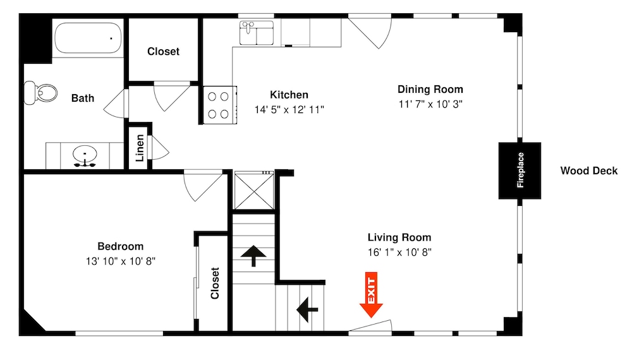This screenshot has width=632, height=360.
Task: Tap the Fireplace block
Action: click(520, 171)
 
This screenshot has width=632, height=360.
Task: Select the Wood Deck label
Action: click(588, 171)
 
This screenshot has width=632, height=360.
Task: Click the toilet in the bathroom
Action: click(40, 93)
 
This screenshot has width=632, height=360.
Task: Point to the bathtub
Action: click(88, 38)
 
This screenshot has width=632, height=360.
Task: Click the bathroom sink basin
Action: click(85, 154)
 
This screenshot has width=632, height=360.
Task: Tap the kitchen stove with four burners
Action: click(220, 105)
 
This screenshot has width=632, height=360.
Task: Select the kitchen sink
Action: click(257, 33)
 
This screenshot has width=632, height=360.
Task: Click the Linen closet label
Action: click(140, 148)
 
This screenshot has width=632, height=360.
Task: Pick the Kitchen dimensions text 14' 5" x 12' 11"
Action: click(289, 109)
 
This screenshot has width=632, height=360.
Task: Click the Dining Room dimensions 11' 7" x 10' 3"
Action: click(430, 104)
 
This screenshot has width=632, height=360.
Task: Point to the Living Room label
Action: click(399, 237)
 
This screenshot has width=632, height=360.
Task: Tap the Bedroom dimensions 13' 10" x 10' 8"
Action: click(121, 261)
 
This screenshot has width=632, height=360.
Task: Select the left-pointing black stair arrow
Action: click(307, 309)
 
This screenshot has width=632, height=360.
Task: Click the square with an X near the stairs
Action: click(254, 191)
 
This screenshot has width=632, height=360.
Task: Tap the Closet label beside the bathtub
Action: click(163, 52)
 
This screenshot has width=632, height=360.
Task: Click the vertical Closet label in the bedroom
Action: click(215, 283)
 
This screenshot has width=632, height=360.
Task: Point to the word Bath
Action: click(83, 98)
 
